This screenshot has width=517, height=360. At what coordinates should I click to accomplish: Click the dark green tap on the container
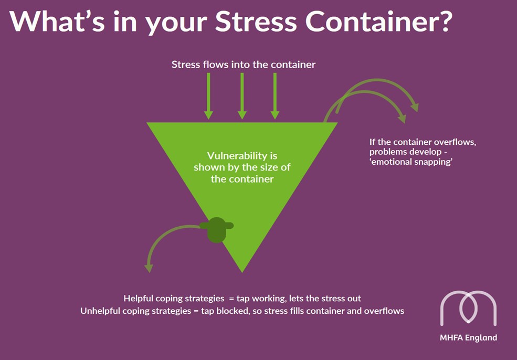216,229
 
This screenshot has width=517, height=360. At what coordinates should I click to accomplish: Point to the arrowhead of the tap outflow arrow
149,267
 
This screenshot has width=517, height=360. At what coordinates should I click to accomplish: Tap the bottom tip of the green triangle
242,270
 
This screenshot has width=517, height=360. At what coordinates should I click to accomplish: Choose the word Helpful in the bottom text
139,298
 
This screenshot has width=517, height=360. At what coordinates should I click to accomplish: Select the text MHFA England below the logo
468,338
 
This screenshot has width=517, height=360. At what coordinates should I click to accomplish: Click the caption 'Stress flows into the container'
244,65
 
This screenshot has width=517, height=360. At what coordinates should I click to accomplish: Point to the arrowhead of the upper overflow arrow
415,107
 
